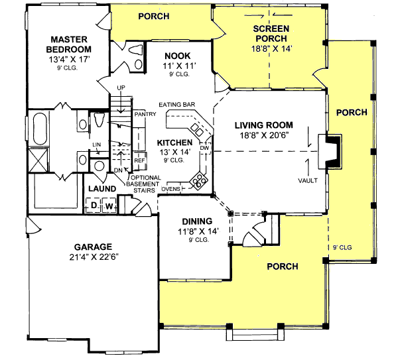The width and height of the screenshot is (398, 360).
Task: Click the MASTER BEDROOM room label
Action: point(68,44)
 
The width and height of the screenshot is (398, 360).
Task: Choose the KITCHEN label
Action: point(174,143)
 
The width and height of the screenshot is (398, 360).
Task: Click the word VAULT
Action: point(308,180)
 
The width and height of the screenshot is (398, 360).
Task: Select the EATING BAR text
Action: point(176,105)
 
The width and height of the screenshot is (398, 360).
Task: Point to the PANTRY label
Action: point(144,115)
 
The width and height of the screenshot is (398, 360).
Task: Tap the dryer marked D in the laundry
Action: point(94,206)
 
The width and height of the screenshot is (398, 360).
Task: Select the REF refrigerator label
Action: point(139,160)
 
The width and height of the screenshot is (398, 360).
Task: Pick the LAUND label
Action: point(102,189)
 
